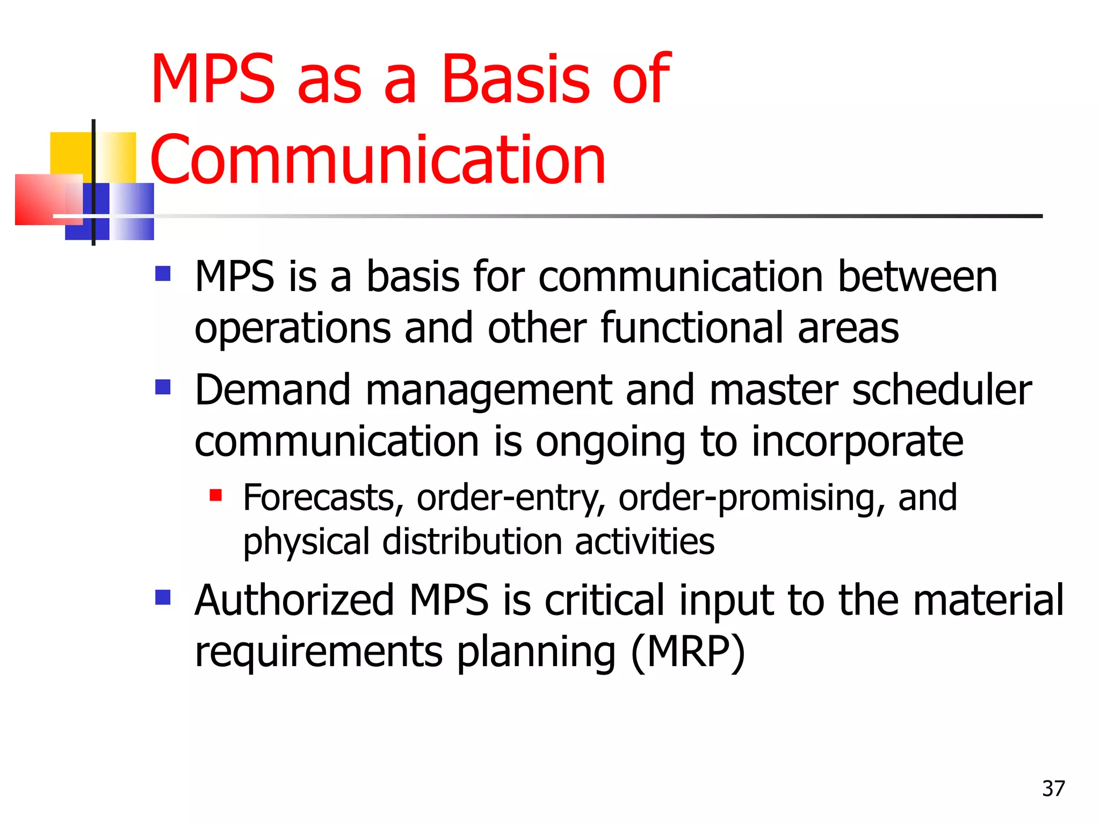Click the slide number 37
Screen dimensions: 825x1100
pos(1053,788)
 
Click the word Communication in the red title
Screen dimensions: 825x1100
pos(378,160)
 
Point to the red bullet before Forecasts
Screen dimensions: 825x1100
pos(216,495)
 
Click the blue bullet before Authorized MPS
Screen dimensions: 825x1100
pos(163,597)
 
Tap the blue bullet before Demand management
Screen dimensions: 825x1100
pos(163,387)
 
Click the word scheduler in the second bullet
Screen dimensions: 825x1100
pos(942,390)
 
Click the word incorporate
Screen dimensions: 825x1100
pos(857,442)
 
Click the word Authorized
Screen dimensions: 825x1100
pos(295,600)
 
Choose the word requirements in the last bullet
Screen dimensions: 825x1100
pos(319,652)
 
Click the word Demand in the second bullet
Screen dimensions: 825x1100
pos(272,390)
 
